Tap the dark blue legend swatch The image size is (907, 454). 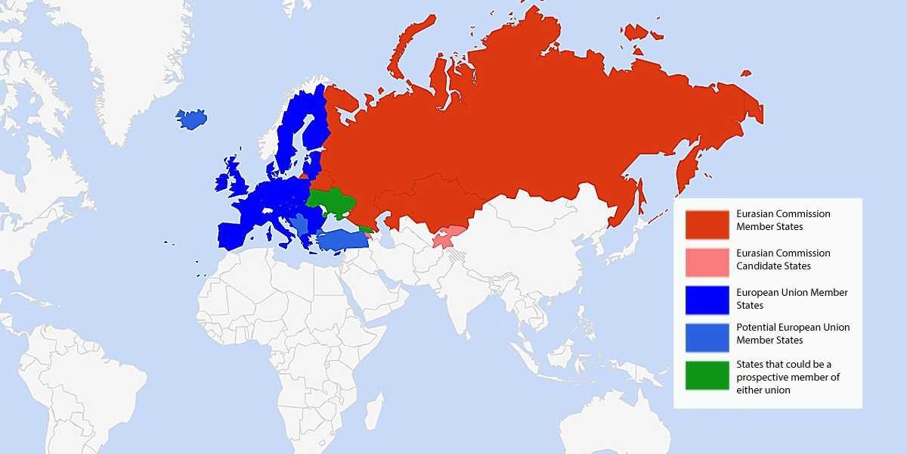coord(707,300)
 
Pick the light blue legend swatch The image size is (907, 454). coord(707,337)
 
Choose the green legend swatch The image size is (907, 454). coord(707,375)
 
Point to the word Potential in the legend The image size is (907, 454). coord(754,328)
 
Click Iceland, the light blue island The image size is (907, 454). coord(192,119)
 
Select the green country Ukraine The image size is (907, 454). coord(335,202)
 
